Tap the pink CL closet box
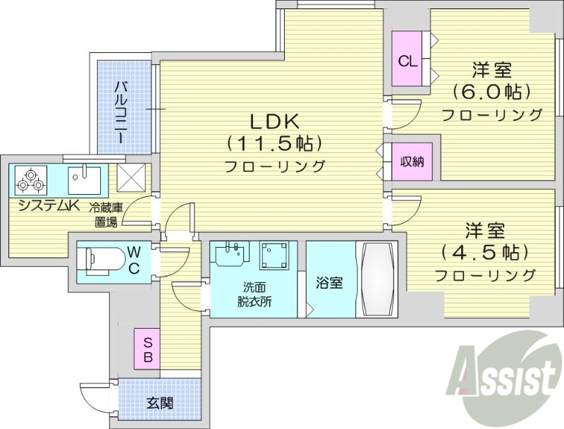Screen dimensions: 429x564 click(x=407, y=61)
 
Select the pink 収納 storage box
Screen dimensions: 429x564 click(x=412, y=162)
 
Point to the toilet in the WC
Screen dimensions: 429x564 click(x=99, y=260)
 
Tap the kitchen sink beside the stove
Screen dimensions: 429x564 click(x=85, y=179)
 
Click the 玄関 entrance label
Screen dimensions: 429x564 click(x=160, y=404)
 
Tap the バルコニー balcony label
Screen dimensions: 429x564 click(x=121, y=111)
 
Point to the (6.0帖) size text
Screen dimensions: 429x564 click(x=491, y=92)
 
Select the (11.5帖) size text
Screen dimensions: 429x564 click(x=274, y=143)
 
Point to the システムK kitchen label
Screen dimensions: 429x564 click(x=49, y=205)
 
